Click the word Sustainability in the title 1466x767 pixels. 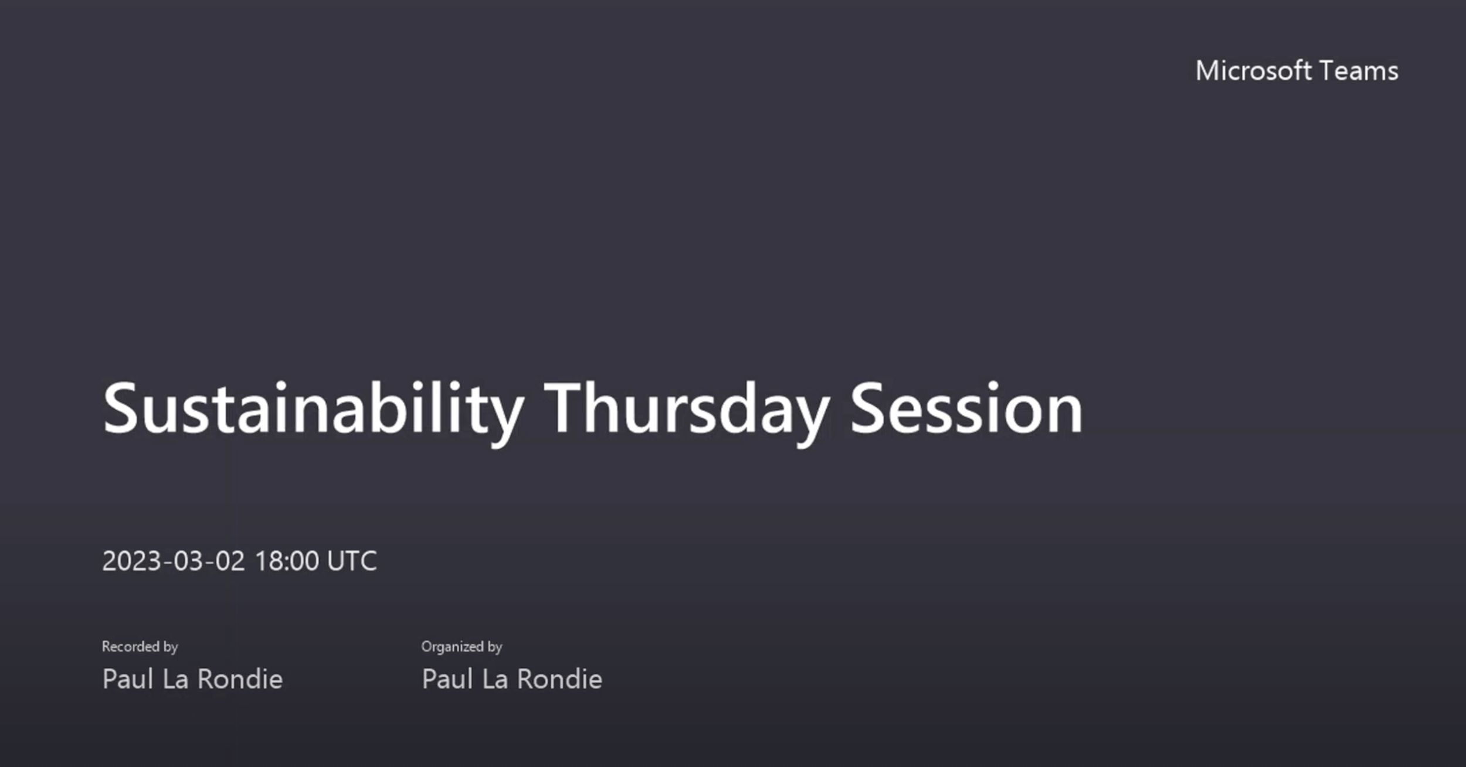coord(313,410)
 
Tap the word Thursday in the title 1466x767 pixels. coord(687,410)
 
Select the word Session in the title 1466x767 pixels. coord(966,408)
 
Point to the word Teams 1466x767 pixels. coord(1359,71)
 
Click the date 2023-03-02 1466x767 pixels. coord(174,561)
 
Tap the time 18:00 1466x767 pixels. coord(287,561)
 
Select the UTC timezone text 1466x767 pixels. coord(352,561)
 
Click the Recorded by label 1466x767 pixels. coord(140,647)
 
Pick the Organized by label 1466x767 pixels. coord(461,647)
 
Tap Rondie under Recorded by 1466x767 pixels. coord(240,679)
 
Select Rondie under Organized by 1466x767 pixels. coord(559,679)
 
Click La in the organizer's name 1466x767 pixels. coord(496,679)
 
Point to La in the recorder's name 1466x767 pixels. coord(176,679)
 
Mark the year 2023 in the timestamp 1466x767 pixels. coord(132,561)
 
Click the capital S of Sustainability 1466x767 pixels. coord(121,408)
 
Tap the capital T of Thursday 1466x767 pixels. coord(565,408)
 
